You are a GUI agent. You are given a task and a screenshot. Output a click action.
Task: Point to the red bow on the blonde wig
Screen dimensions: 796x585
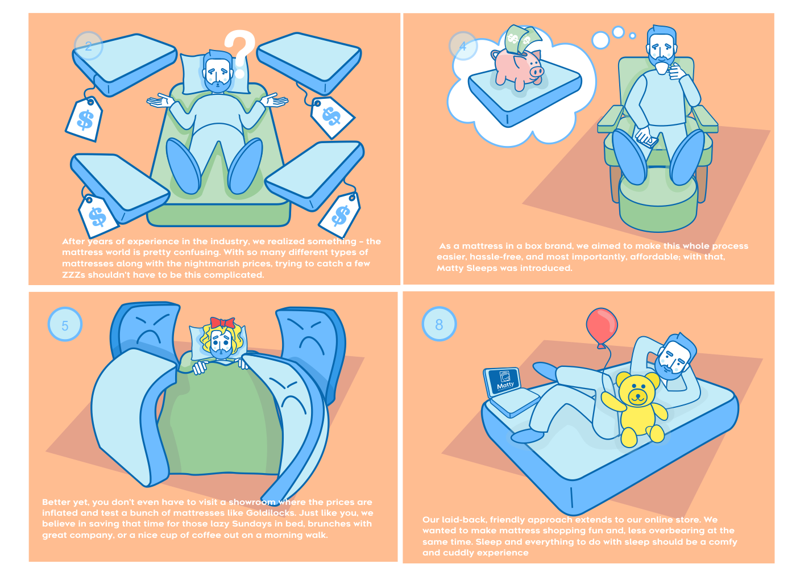[x=222, y=323]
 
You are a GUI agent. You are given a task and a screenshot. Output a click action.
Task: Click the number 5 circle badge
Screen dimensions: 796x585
[x=65, y=324]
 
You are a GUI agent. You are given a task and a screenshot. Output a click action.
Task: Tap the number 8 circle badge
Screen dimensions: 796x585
[x=439, y=324]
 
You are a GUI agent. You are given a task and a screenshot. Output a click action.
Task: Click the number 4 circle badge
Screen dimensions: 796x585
[x=463, y=46]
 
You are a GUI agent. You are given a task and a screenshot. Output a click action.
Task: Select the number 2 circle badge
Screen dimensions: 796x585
[x=89, y=46]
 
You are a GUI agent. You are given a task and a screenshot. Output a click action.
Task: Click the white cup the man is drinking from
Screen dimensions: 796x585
[x=662, y=68]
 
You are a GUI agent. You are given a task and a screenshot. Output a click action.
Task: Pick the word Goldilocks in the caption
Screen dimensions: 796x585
[x=271, y=513]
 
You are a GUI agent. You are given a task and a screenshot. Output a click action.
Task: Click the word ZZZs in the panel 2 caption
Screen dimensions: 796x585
[x=73, y=275]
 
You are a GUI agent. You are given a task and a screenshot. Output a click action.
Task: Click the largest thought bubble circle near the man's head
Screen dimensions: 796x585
[x=600, y=40]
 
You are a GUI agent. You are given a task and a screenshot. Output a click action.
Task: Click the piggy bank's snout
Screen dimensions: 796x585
[x=537, y=72]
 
